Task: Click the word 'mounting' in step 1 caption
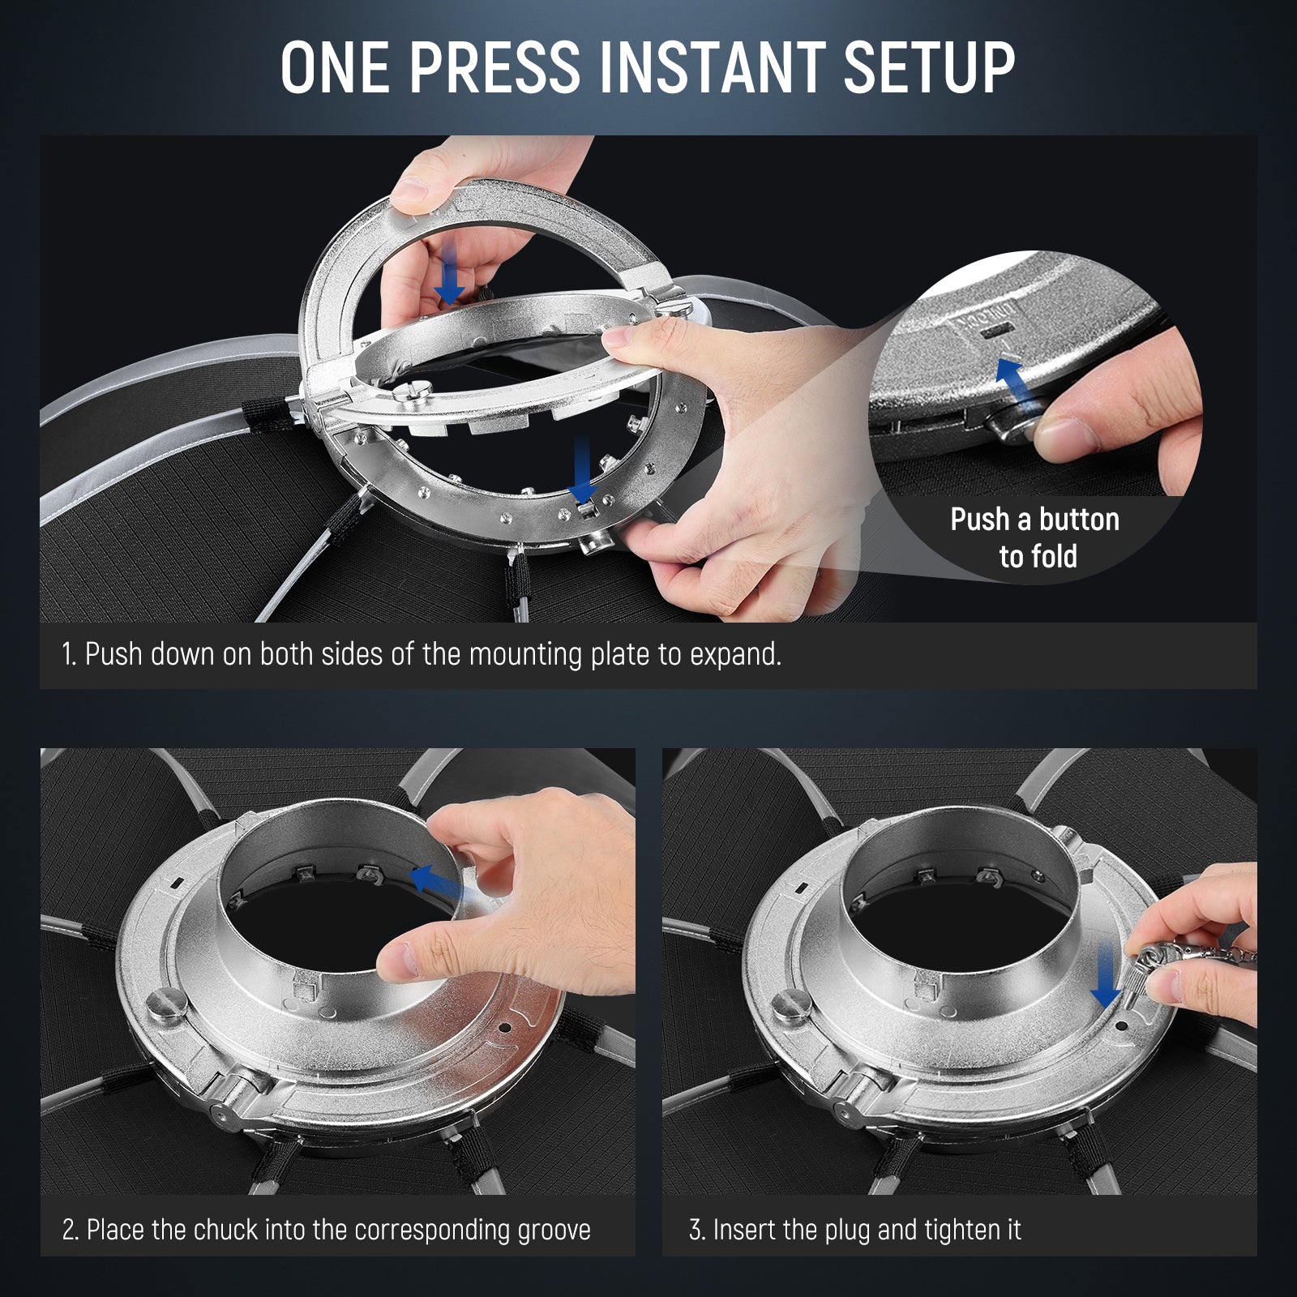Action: coord(526,654)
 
